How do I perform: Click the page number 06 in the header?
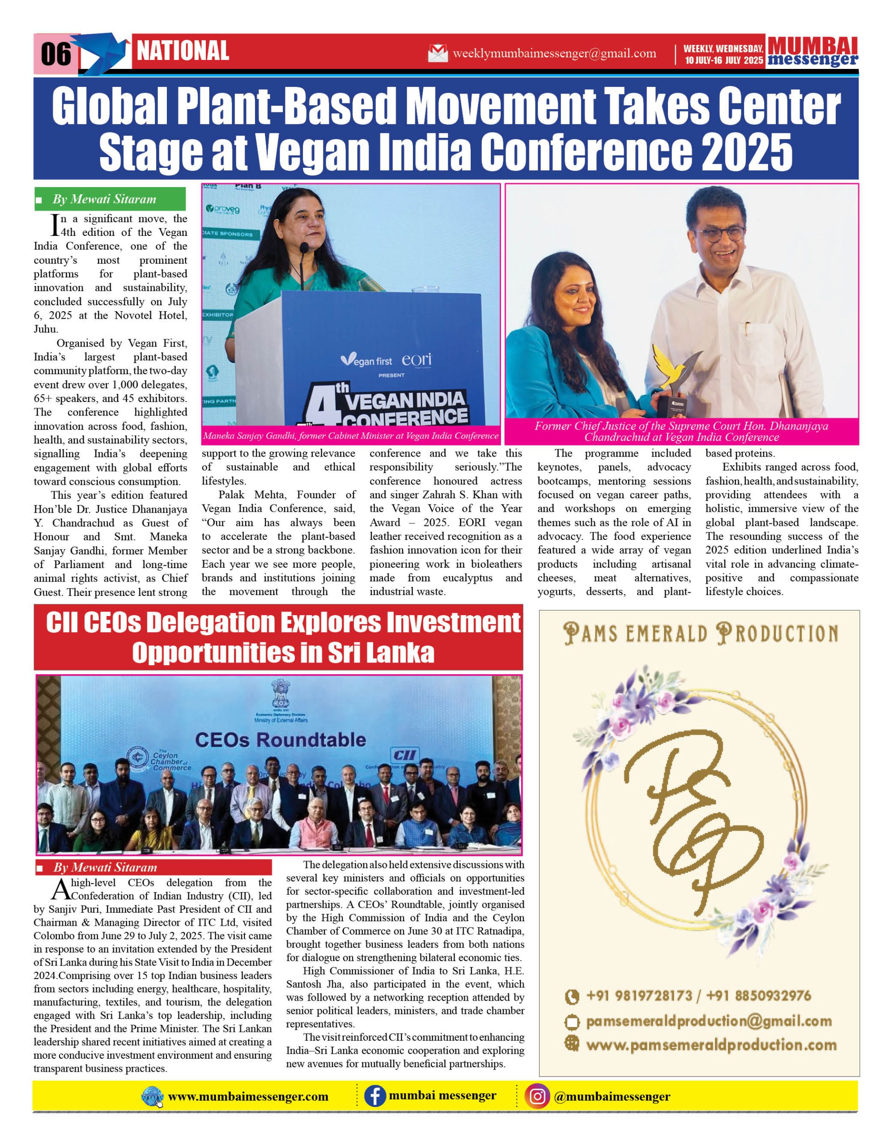pos(55,54)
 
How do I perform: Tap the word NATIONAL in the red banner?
pos(183,51)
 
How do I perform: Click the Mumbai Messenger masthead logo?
pos(812,51)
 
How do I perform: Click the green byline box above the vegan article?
pos(110,199)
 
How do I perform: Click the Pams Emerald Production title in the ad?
pos(701,633)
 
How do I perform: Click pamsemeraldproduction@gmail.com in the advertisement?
pos(708,1021)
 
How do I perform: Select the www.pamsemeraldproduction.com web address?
pos(710,1045)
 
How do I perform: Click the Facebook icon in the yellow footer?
pos(375,1096)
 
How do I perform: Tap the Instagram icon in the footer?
pos(537,1096)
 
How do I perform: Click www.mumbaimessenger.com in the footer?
pos(248,1097)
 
